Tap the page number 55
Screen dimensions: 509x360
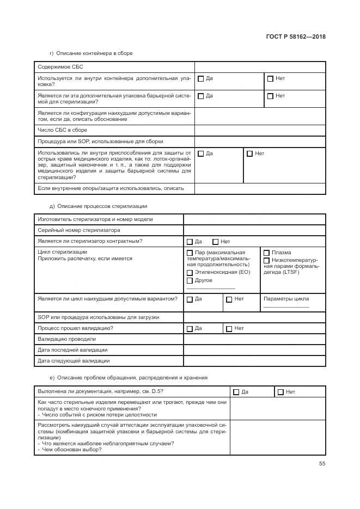pos(322,464)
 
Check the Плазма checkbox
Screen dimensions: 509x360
pos(266,253)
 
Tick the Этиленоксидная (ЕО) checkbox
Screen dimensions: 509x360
pos(190,272)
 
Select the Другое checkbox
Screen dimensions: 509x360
pos(190,280)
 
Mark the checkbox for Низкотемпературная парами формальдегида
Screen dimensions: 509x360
pos(266,260)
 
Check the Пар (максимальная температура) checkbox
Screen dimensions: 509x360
pos(190,253)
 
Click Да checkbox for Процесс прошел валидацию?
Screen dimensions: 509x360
pos(190,328)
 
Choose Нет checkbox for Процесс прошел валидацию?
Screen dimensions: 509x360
pos(229,328)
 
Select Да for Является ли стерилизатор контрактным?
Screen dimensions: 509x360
pos(190,241)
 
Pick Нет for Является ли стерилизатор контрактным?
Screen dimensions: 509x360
pos(216,241)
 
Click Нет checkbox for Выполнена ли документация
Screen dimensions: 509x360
pos(280,391)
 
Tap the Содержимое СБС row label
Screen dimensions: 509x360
pos(57,67)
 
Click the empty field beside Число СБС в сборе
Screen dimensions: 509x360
pos(260,130)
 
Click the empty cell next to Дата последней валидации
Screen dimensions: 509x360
pos(254,349)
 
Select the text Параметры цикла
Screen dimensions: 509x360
pos(286,299)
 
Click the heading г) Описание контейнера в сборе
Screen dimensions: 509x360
pos(91,53)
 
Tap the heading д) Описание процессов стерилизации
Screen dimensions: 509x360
pos(98,206)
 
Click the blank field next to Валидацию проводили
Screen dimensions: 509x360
pos(254,339)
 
